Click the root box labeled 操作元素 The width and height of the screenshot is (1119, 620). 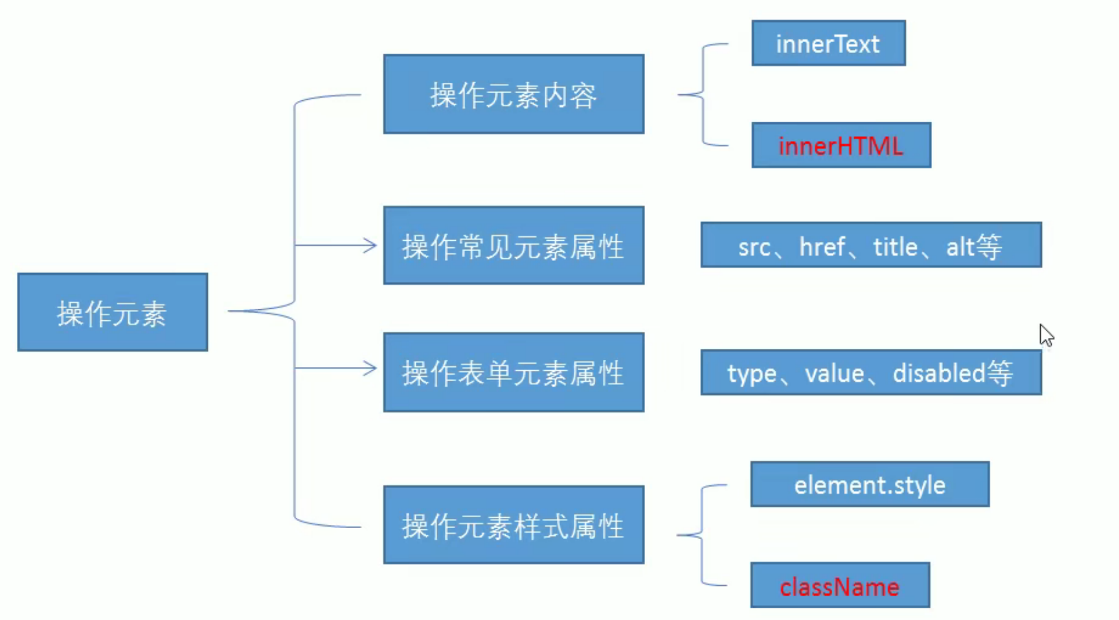click(x=113, y=312)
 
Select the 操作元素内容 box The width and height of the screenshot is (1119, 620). click(x=514, y=94)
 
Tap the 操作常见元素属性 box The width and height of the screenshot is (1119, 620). click(x=514, y=245)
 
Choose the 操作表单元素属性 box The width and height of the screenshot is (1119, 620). click(x=514, y=372)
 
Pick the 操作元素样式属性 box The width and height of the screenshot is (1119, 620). click(x=514, y=525)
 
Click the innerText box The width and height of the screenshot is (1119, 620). click(x=828, y=43)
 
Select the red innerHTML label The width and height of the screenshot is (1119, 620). click(x=841, y=146)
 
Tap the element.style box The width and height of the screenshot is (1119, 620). click(x=870, y=484)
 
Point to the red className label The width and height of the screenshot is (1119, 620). click(x=839, y=587)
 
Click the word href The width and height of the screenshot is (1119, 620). click(x=822, y=247)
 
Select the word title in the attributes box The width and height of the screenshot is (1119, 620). click(x=896, y=247)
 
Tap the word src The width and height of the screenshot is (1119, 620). click(x=754, y=247)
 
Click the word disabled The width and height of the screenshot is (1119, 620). click(x=939, y=373)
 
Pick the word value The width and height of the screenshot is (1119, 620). click(x=835, y=373)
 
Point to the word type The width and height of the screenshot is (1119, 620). click(x=752, y=375)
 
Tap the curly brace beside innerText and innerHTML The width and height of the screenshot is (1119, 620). click(x=703, y=94)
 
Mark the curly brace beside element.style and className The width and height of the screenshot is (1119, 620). click(x=702, y=535)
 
